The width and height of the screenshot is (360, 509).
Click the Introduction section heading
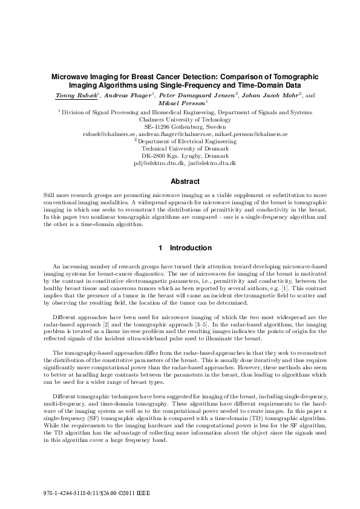point(181,248)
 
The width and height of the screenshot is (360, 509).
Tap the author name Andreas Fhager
point(129,96)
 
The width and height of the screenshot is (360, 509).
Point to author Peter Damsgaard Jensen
point(195,96)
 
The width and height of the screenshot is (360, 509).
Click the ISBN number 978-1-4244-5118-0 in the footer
point(63,494)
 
